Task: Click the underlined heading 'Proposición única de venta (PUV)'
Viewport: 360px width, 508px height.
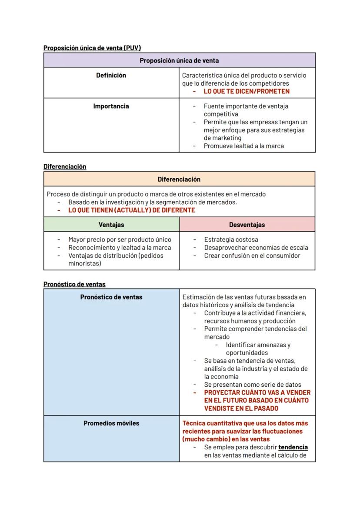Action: [x=92, y=48]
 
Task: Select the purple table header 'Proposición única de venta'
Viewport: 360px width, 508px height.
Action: [x=179, y=60]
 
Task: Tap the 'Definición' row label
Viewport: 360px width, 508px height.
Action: [x=111, y=76]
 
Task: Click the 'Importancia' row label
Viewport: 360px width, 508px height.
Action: [x=111, y=106]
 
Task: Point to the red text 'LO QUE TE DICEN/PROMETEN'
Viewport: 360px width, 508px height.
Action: [x=247, y=92]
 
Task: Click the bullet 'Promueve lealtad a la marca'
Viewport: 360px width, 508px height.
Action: [x=243, y=146]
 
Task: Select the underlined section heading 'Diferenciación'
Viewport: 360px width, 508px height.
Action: [x=65, y=166]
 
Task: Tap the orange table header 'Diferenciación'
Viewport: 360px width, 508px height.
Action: [x=179, y=179]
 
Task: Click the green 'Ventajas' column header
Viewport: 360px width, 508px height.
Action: [x=111, y=225]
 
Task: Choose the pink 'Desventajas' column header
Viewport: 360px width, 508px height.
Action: [x=247, y=225]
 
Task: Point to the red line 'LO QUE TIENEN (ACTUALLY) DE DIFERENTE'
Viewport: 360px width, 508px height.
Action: [x=132, y=210]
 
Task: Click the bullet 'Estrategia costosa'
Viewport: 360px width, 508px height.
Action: [x=231, y=239]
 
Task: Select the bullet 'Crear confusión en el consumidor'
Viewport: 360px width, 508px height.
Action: [x=252, y=256]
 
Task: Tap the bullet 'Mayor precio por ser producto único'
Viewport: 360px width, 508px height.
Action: [x=120, y=239]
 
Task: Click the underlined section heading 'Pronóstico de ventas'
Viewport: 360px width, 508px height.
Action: [x=74, y=284]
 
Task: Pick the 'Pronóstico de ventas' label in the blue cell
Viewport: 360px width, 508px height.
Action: [x=111, y=297]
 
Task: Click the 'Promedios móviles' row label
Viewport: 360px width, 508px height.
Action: [x=111, y=423]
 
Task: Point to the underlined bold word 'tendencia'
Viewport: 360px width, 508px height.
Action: [x=293, y=447]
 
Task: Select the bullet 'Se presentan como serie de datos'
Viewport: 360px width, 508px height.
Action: [x=252, y=385]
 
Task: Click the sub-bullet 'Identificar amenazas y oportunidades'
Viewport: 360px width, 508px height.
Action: [x=258, y=349]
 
